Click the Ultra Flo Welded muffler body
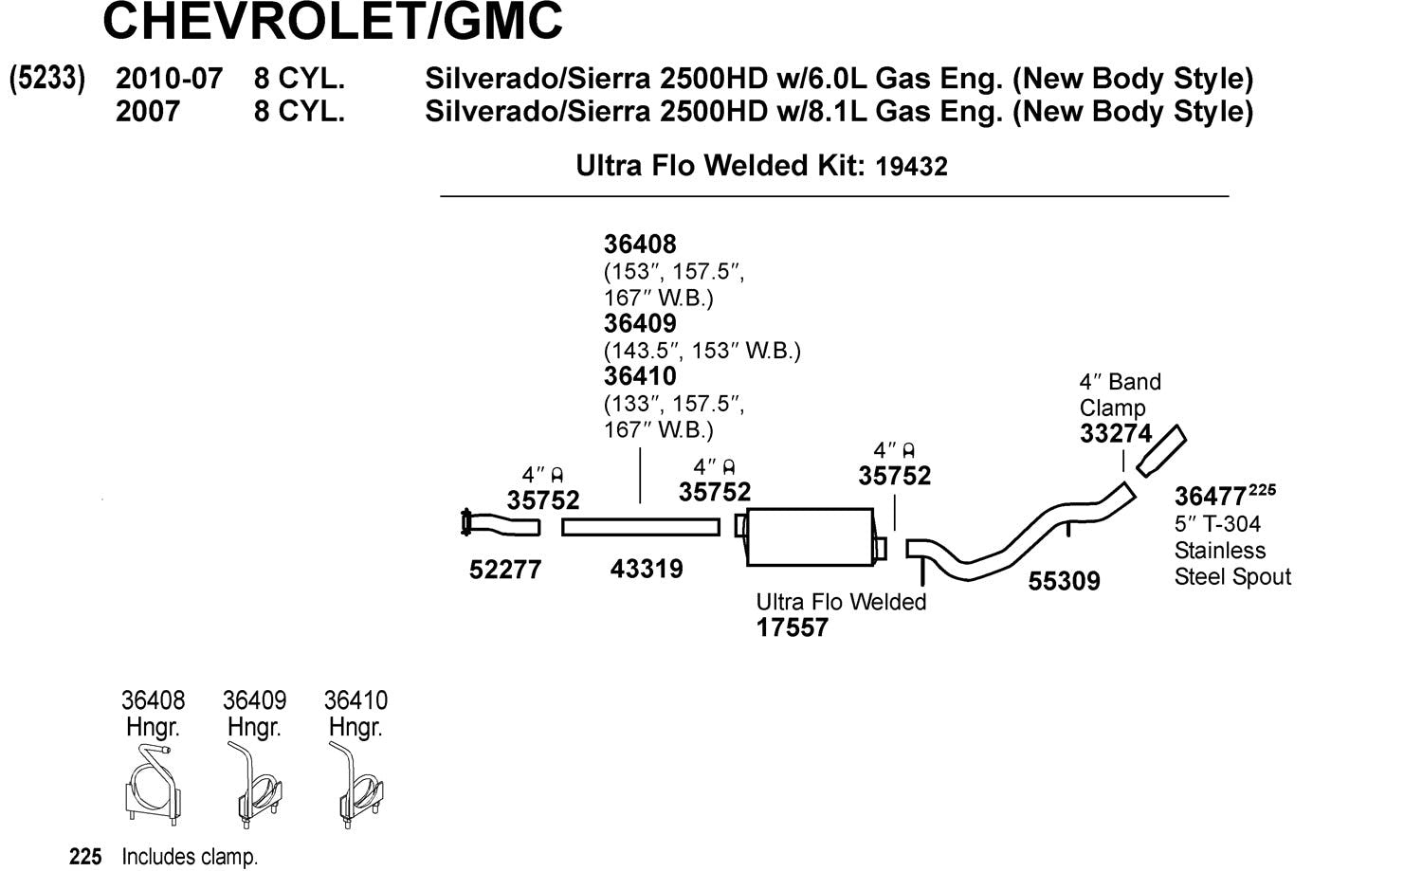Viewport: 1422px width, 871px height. [x=810, y=537]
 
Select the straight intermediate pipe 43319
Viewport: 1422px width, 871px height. [x=641, y=527]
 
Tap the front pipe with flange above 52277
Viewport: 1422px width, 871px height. [x=500, y=523]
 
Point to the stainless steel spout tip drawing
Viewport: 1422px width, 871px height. [x=1162, y=451]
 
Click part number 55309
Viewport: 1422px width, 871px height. [x=1064, y=581]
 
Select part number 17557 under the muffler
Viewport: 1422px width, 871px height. [x=793, y=627]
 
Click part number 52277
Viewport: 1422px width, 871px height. [x=505, y=570]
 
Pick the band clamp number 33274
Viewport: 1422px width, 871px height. [x=1116, y=434]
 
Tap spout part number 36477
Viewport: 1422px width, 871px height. [x=1210, y=497]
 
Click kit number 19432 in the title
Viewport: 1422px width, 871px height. [x=911, y=167]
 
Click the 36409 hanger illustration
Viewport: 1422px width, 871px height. [x=254, y=787]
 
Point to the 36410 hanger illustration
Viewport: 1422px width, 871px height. [x=355, y=787]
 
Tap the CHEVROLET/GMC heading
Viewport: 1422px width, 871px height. [x=333, y=21]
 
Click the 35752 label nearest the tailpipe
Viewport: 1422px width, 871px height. [x=895, y=476]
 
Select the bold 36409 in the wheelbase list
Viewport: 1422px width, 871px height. [x=640, y=324]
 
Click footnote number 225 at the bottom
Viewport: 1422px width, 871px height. [x=85, y=857]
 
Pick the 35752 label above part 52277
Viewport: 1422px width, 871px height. [x=543, y=499]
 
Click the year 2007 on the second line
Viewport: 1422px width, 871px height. [x=148, y=112]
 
